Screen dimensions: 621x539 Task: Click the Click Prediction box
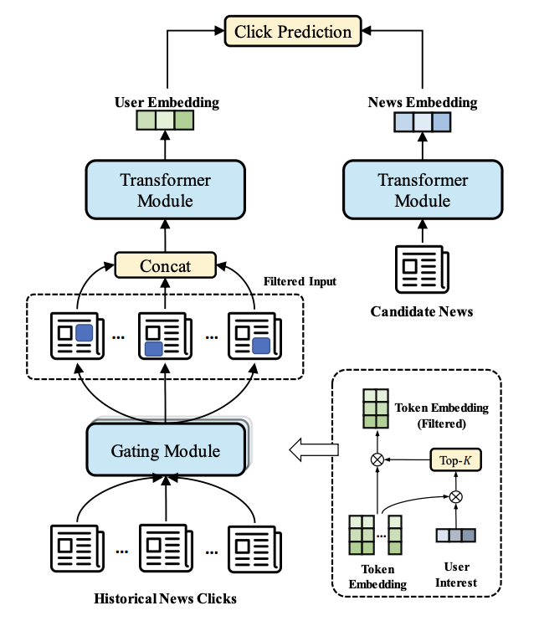coord(293,33)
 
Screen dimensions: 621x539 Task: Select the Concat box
coord(165,266)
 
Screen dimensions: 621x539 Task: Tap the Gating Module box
coord(166,451)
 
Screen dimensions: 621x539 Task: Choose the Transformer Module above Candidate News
coord(422,191)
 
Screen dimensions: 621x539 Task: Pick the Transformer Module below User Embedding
coord(165,190)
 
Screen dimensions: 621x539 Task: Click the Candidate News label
coord(422,312)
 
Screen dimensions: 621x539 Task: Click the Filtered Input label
coord(300,282)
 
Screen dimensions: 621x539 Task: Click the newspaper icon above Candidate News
coord(422,269)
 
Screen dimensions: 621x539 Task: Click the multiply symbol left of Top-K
coord(376,459)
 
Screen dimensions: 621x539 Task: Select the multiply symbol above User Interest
coord(456,496)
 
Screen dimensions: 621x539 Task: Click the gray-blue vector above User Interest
coord(456,536)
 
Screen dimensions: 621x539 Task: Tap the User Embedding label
coord(166,102)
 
